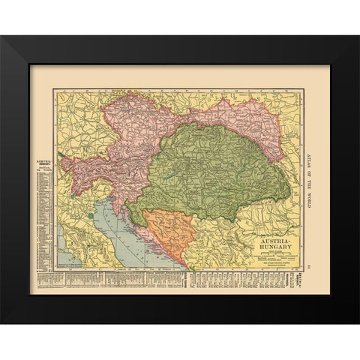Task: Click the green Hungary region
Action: [210, 172]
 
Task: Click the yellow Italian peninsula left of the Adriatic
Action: [79, 240]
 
